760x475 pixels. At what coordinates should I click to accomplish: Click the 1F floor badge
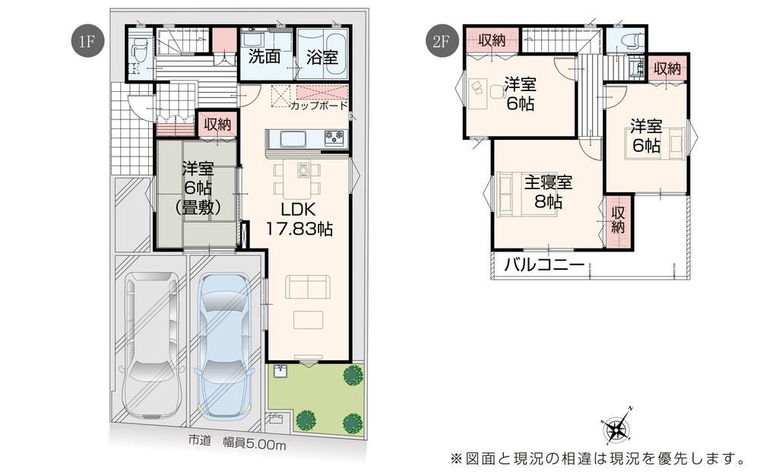point(87,41)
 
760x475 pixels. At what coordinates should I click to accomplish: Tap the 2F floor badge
point(440,41)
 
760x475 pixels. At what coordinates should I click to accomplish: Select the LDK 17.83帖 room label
point(299,219)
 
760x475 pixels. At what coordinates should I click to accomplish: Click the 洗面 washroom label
point(264,57)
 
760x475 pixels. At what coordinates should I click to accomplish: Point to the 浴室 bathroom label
point(321,57)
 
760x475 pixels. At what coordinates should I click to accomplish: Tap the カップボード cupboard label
point(319,105)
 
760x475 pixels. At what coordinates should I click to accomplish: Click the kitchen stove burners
point(335,138)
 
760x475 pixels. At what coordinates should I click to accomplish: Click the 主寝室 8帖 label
point(548,192)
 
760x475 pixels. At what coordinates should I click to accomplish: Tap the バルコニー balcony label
point(544,265)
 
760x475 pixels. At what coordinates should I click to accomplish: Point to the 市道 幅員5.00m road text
point(237,442)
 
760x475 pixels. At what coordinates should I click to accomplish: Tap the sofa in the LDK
point(307,287)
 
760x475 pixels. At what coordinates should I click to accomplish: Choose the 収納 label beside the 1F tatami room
point(217,125)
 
